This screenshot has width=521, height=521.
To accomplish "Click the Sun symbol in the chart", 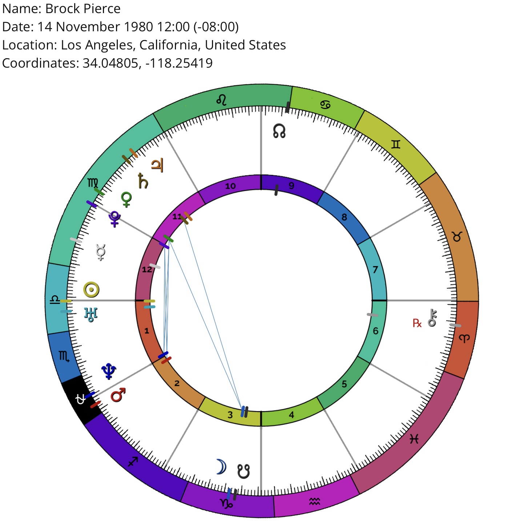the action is (x=91, y=289).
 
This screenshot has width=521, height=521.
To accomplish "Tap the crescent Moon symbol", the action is (x=222, y=467).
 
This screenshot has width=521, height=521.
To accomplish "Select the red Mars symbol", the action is (x=118, y=395).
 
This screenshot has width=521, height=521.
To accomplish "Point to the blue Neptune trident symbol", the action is (x=109, y=372).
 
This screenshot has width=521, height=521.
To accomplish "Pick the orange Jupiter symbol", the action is (x=157, y=165).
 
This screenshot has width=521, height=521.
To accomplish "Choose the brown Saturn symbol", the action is (x=143, y=181).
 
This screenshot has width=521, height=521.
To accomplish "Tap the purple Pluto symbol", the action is (x=115, y=219).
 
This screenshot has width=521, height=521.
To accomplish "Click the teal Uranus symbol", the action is (x=91, y=314).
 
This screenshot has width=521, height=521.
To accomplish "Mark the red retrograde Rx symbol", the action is (x=417, y=323).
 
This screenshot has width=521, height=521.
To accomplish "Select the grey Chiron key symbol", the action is (x=432, y=318).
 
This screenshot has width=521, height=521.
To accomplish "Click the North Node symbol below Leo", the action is (x=279, y=131).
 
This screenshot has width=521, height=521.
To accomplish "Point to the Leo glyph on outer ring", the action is (x=221, y=100).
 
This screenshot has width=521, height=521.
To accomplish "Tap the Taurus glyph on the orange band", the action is (x=457, y=237).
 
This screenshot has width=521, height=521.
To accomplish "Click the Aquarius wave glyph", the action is (x=314, y=502).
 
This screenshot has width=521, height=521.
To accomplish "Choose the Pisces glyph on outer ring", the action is (x=414, y=438).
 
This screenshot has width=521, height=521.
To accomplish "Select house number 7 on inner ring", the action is (x=375, y=269).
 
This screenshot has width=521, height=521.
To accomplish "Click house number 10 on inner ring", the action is (x=231, y=186).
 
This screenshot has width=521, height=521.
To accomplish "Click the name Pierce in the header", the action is (x=102, y=9).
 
